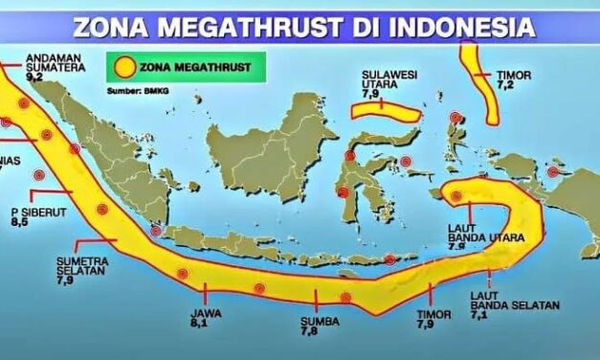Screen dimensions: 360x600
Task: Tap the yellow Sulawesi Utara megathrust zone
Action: pyautogui.click(x=385, y=112)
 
